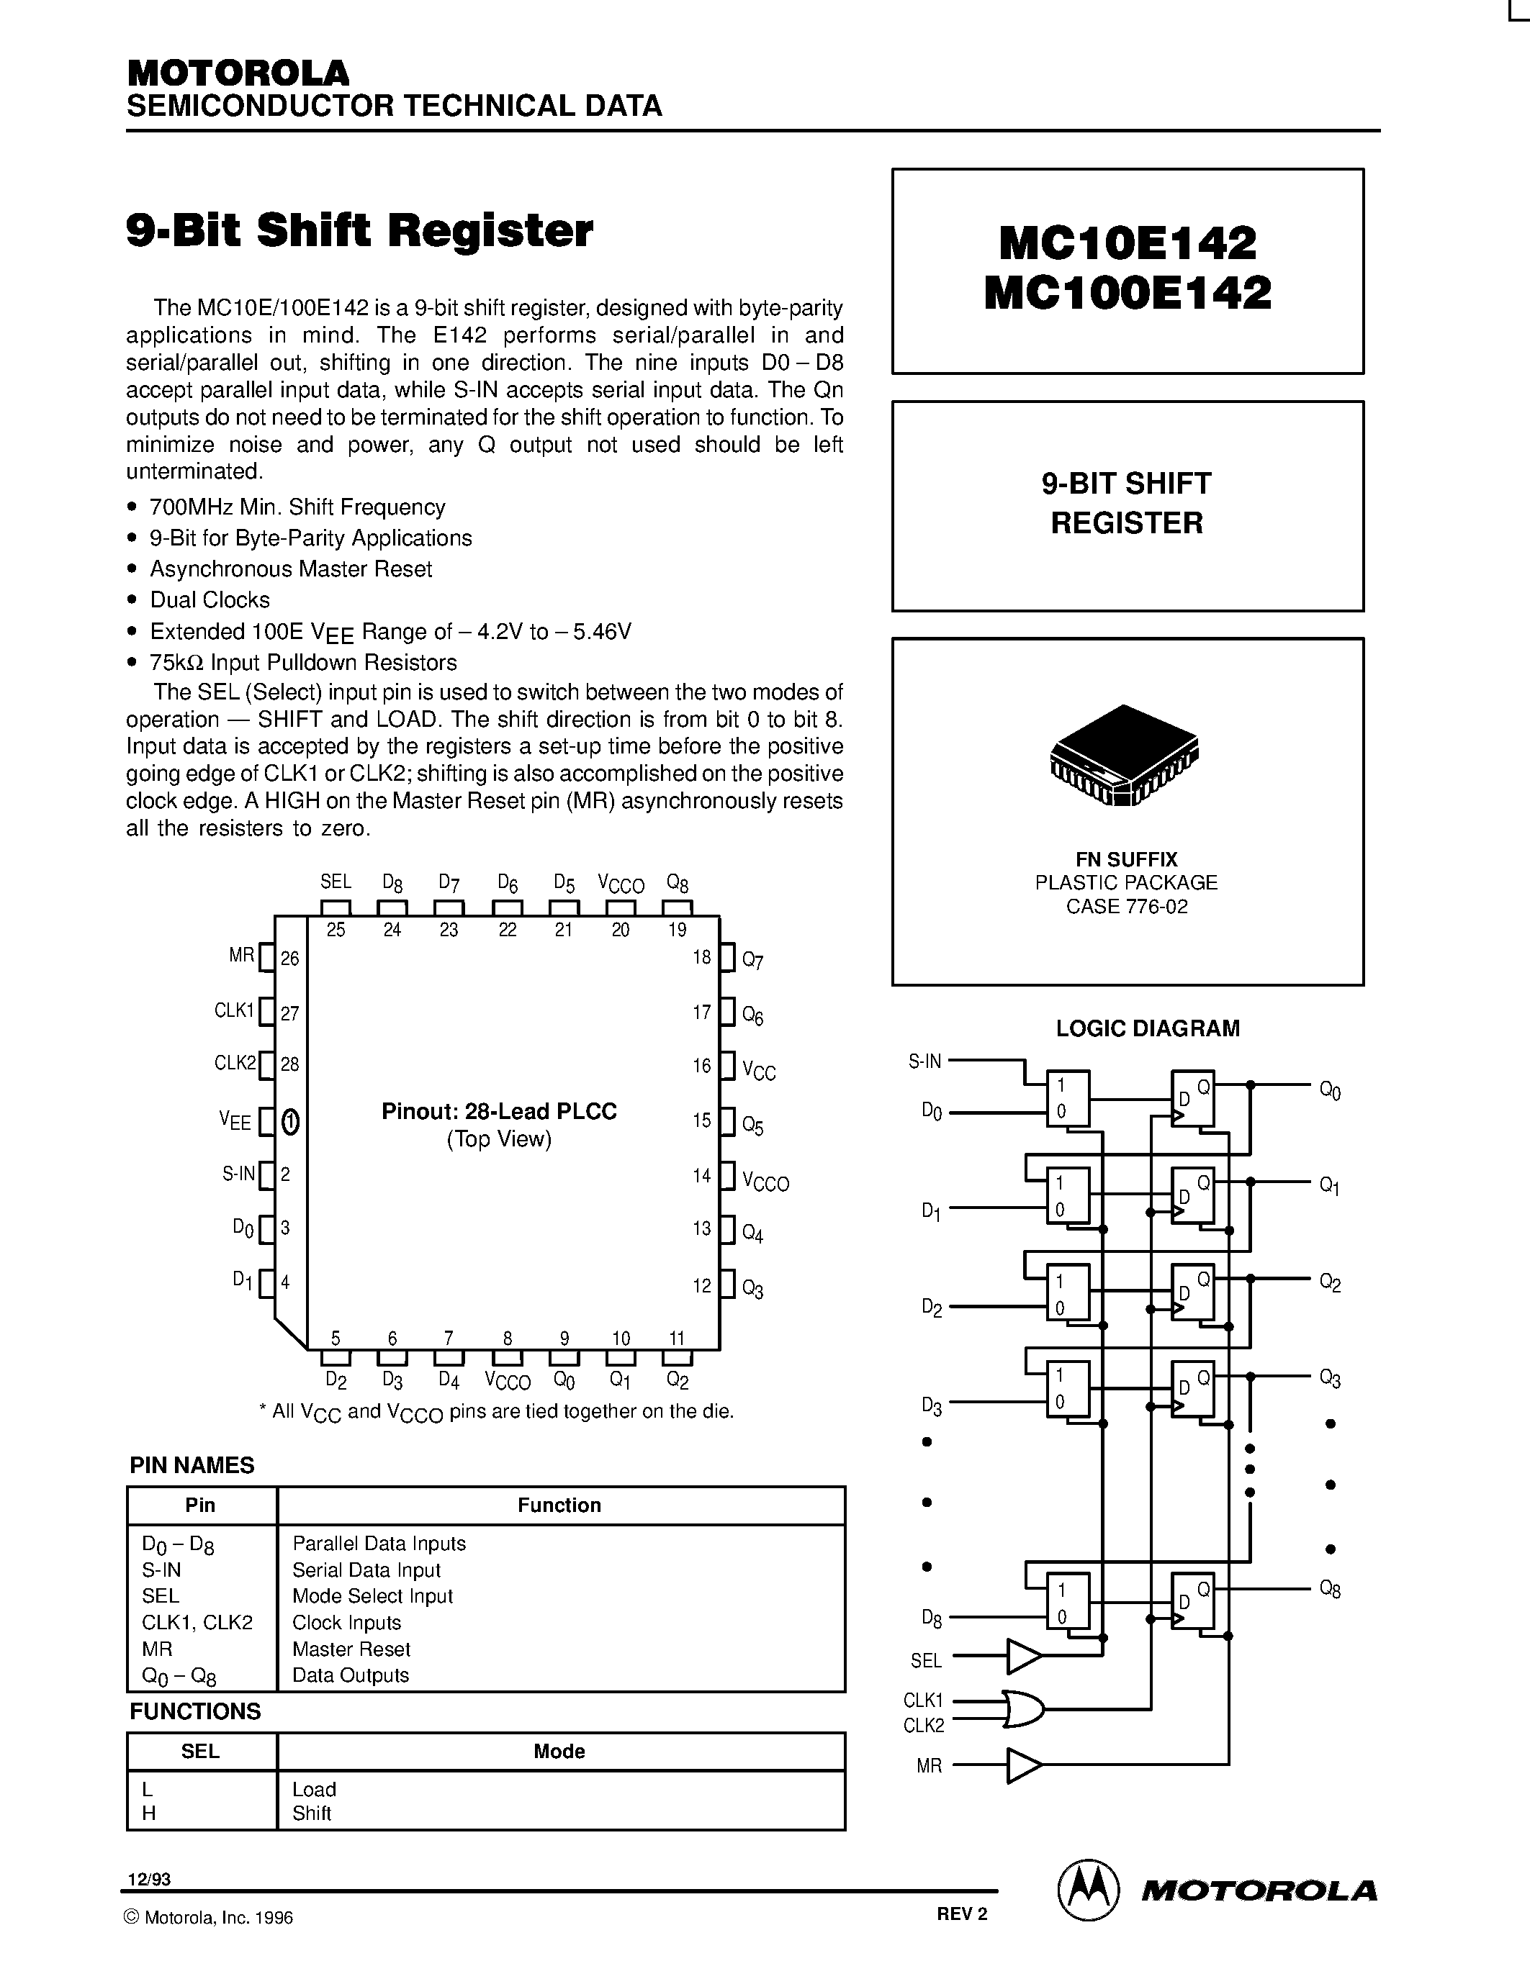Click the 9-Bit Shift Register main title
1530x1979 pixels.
(x=359, y=230)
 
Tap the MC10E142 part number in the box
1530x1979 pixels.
(x=1128, y=243)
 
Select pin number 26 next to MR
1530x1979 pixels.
(x=290, y=958)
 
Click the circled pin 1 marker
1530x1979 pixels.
(x=290, y=1122)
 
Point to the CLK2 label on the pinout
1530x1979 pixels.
(x=235, y=1063)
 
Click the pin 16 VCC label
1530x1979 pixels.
(x=759, y=1071)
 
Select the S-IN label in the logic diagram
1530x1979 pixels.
(x=924, y=1061)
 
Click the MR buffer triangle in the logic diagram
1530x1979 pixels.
(x=1022, y=1766)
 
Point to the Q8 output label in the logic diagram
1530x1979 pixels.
(x=1330, y=1590)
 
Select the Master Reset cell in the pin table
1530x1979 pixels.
(x=351, y=1649)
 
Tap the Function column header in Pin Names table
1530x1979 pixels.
(x=559, y=1505)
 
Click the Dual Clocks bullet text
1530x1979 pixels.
(x=210, y=600)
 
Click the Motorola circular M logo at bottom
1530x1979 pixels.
(x=1086, y=1890)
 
